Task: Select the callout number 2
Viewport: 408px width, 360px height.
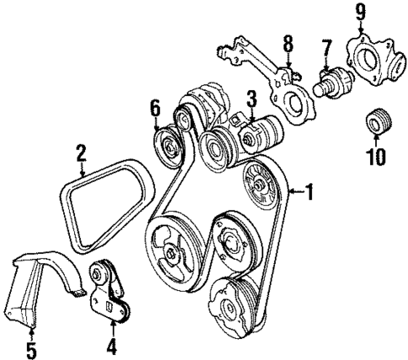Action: click(81, 153)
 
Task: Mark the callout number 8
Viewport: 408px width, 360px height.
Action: click(287, 42)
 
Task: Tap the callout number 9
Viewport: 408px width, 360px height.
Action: click(360, 12)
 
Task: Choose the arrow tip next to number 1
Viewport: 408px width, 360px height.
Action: click(289, 193)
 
